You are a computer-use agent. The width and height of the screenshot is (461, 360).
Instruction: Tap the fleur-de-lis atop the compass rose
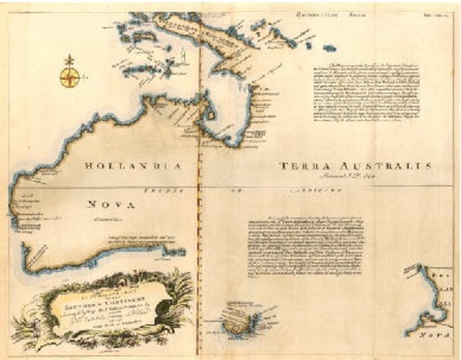tap(70, 58)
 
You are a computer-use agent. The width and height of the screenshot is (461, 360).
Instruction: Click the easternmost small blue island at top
tap(328, 48)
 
